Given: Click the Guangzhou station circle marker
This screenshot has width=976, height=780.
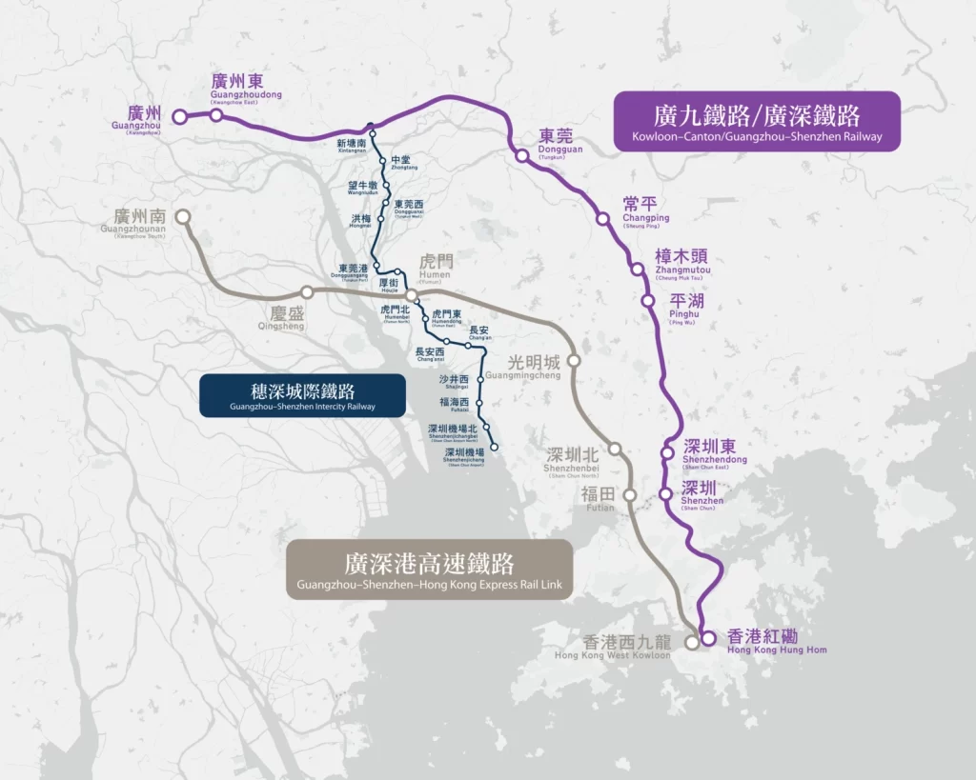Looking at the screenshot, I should (178, 116).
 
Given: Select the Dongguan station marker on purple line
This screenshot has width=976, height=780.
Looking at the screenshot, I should (521, 155).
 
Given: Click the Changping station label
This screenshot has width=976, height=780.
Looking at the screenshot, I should (646, 210).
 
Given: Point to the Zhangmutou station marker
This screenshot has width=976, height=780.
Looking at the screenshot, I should (637, 269).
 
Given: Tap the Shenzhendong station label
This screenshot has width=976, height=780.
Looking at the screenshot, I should (715, 452).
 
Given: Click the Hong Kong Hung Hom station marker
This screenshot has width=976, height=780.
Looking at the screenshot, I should (708, 639).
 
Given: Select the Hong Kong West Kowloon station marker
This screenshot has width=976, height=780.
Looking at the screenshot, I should (692, 642).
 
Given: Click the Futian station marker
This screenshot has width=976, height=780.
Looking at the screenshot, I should (630, 494).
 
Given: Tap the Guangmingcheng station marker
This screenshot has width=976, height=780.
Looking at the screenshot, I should (574, 361).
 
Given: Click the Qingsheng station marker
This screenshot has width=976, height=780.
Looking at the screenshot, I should (307, 292).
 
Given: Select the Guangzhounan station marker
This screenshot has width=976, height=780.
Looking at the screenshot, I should (182, 217).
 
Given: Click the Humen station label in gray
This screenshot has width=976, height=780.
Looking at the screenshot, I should (435, 268).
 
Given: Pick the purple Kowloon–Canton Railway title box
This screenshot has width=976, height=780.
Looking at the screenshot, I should (757, 122).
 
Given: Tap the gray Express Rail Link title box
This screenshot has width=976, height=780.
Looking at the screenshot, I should (429, 570).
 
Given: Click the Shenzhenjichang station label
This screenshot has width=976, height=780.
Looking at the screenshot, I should (466, 457).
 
